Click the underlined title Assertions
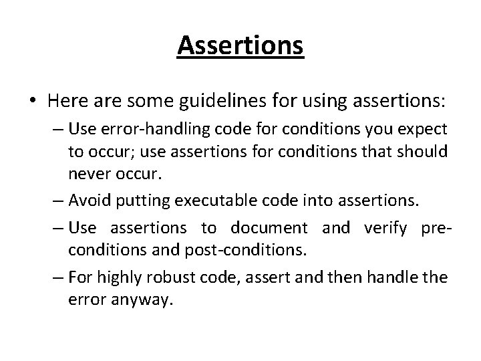click(240, 46)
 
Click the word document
click(269, 228)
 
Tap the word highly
click(122, 276)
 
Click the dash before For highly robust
click(55, 276)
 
